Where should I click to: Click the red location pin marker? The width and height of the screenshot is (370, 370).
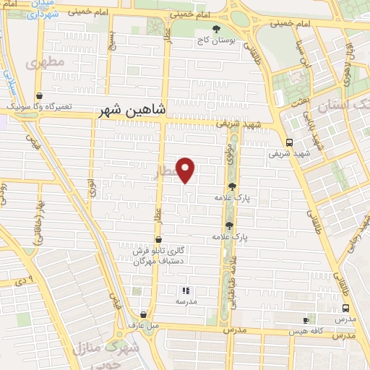(x=186, y=169)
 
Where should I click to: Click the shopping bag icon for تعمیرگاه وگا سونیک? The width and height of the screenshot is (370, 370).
(x=38, y=95)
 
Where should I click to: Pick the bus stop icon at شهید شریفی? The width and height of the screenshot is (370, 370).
(x=289, y=142)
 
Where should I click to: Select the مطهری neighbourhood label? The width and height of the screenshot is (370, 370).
(x=45, y=64)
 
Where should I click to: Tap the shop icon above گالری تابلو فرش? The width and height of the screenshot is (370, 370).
(x=158, y=239)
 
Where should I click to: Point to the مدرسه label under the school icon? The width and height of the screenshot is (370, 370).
(x=186, y=301)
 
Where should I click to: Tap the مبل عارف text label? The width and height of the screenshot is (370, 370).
(x=143, y=326)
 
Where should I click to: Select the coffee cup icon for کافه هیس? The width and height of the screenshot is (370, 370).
(x=305, y=319)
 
